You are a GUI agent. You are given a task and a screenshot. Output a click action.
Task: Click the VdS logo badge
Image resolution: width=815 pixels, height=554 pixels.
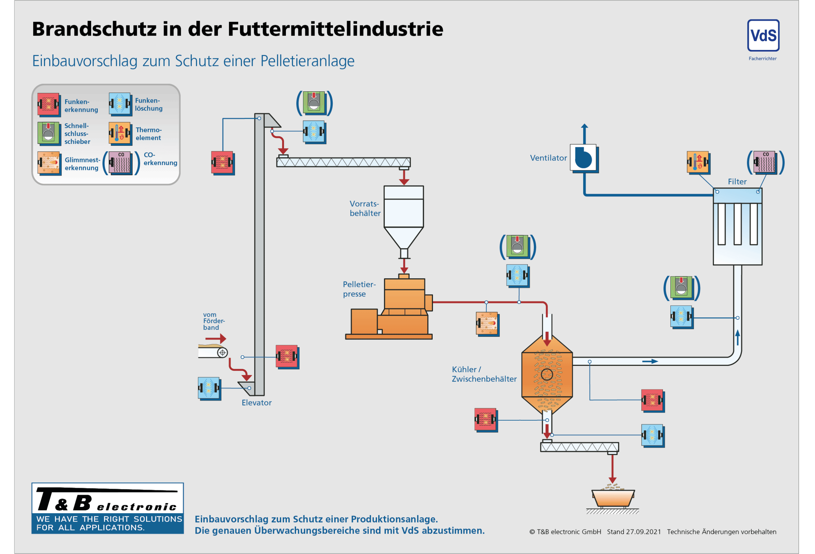(763, 35)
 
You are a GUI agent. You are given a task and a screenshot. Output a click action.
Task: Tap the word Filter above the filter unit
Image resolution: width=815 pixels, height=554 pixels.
(737, 181)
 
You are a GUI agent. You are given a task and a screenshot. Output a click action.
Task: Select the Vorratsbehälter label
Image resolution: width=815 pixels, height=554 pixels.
(365, 208)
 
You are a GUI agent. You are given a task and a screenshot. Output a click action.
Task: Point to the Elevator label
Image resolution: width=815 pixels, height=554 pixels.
(256, 402)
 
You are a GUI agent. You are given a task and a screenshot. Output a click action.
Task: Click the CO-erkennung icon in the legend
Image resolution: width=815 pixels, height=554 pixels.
(120, 162)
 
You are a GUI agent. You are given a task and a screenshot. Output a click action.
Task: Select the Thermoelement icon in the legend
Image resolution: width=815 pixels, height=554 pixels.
(120, 133)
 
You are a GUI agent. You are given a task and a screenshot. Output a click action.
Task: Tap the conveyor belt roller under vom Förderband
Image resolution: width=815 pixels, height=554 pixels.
(222, 352)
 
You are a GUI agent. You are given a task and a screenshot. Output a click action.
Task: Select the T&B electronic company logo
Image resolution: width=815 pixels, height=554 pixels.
(107, 508)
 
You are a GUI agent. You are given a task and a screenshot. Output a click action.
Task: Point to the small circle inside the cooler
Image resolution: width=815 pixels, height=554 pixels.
(547, 374)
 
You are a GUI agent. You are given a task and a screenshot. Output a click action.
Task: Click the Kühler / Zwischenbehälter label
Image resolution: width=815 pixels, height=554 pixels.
(484, 374)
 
